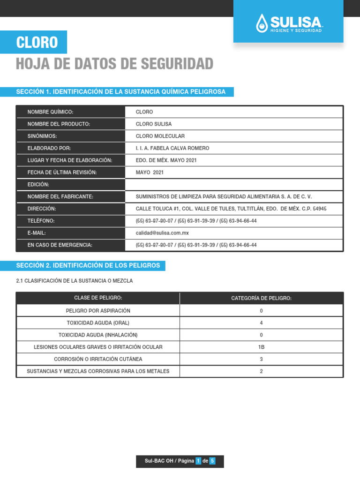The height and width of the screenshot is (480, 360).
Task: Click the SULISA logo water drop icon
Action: coord(262,23)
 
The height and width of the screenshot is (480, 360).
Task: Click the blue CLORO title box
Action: coord(37,42)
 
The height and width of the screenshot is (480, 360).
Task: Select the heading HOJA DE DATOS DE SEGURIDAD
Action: coord(114,64)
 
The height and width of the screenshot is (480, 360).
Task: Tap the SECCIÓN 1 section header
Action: coord(121,92)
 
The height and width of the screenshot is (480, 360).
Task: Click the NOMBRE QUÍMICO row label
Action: coord(51,112)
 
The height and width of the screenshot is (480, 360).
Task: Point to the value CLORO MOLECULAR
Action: coord(160,136)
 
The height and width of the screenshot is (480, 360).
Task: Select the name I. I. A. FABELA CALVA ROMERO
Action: coord(172,148)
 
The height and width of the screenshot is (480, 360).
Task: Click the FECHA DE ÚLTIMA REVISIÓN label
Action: coord(62,172)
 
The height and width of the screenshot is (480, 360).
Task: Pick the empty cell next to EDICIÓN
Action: coord(233,185)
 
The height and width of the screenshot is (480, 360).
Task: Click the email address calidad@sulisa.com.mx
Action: coord(162,233)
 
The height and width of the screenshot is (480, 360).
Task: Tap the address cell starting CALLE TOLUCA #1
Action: coord(231,209)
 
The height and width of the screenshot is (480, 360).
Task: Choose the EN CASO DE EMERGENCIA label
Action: coord(60,245)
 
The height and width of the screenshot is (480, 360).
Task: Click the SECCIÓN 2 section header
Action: coord(88,266)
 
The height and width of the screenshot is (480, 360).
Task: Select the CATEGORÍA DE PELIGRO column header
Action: coord(261,298)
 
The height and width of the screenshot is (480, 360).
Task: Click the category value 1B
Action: coord(261,347)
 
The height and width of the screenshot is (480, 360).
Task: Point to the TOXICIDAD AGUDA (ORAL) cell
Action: coord(98,323)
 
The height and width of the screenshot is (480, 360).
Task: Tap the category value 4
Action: coord(261,323)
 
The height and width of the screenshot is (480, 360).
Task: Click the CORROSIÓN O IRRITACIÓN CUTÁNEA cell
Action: coord(98,359)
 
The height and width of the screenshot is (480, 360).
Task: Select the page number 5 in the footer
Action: coord(212,461)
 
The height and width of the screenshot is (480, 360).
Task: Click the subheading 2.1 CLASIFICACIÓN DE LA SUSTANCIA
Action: coord(75,281)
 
